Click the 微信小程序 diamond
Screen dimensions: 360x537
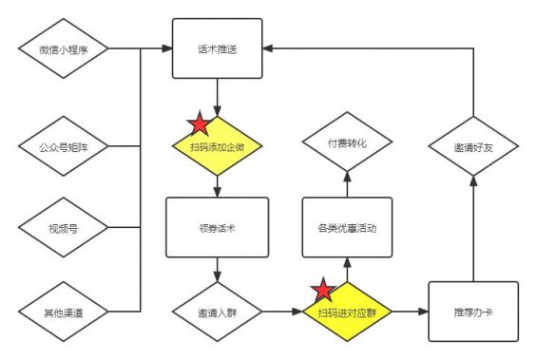point(63,48)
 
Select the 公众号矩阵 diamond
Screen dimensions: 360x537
point(63,146)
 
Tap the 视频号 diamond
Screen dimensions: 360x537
point(63,228)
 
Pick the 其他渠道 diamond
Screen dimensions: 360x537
point(63,311)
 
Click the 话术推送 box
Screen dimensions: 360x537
point(218,48)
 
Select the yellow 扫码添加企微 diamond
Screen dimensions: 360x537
point(218,147)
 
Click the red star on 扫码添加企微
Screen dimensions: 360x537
point(199,123)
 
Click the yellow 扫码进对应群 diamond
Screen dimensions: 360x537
point(347,311)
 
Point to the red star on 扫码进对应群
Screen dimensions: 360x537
point(323,291)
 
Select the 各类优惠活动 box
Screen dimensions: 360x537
point(347,228)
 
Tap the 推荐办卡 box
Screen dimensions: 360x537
point(472,311)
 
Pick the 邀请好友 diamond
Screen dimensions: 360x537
point(472,147)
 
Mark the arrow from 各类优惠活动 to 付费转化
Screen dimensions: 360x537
point(347,184)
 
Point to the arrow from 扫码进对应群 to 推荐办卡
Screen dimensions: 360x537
point(409,311)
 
